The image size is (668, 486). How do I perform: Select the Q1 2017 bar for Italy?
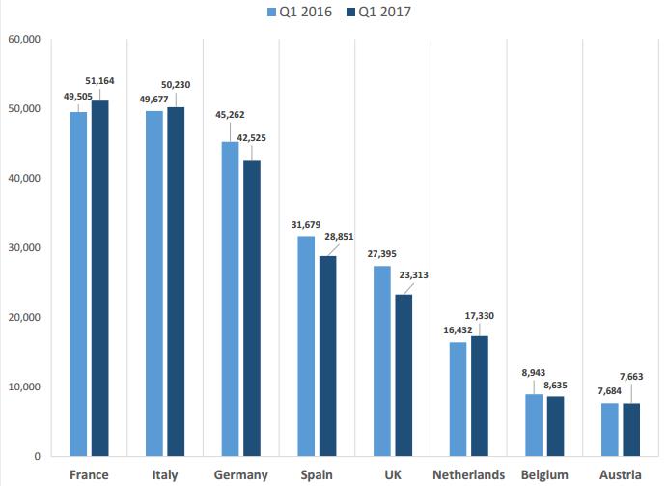pyautogui.click(x=176, y=281)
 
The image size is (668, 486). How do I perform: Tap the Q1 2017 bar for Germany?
pyautogui.click(x=251, y=308)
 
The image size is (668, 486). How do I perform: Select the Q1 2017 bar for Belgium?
pyautogui.click(x=554, y=426)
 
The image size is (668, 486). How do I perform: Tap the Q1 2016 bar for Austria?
pyautogui.click(x=610, y=429)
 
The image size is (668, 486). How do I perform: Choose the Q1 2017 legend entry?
pyautogui.click(x=381, y=13)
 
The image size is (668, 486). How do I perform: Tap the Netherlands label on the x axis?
pyautogui.click(x=469, y=474)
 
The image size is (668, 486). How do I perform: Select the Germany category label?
pyautogui.click(x=241, y=474)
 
